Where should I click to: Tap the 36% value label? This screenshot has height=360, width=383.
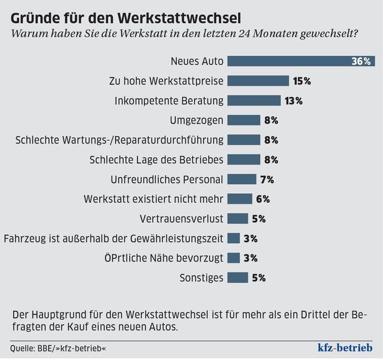362,61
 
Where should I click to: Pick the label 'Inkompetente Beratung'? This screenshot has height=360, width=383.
169,100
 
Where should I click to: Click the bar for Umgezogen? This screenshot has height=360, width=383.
244,120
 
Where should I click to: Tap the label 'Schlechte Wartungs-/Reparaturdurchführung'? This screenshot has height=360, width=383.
119,140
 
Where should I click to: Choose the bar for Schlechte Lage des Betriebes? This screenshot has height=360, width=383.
244,160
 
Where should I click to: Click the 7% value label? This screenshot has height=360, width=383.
267,179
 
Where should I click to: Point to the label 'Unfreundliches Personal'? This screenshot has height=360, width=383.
167,179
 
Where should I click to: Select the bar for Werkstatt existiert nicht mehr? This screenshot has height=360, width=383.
240,199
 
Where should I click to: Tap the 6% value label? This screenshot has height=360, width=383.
263,199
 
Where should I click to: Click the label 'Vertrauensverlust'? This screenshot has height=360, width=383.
182,218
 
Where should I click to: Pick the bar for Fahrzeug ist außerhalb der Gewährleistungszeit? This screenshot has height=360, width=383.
234,238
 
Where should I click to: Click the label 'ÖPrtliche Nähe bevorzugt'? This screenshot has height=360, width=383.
164,258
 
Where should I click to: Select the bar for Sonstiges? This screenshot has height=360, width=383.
238,278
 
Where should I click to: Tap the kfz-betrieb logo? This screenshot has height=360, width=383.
345,348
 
